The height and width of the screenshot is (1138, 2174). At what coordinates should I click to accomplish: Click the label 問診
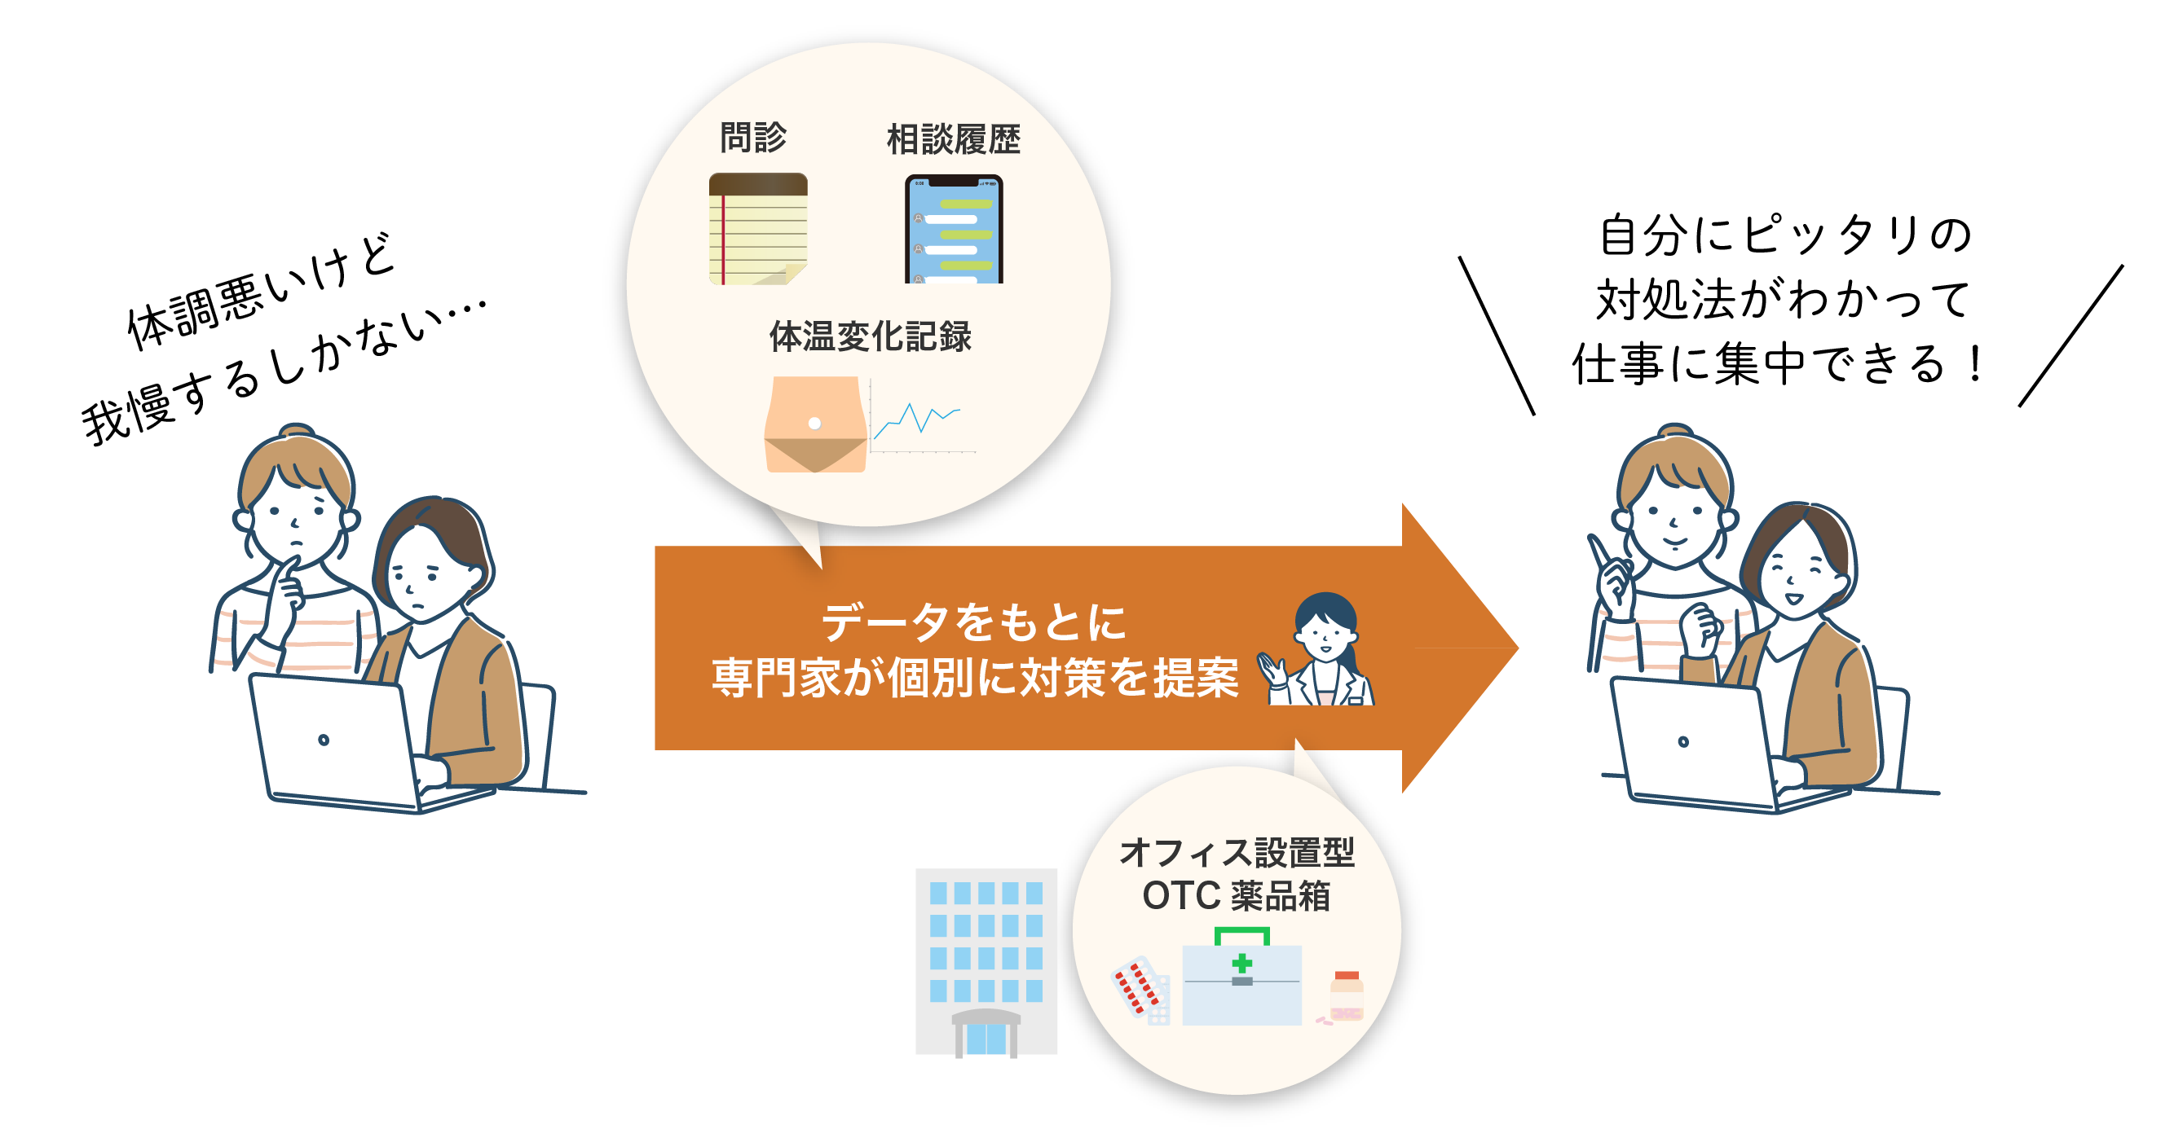753,137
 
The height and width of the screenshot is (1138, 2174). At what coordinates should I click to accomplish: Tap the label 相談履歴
953,139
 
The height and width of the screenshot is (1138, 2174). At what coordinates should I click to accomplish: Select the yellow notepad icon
758,229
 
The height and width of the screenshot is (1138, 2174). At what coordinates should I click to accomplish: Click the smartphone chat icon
954,229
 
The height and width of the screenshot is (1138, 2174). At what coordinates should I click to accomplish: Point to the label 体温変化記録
870,336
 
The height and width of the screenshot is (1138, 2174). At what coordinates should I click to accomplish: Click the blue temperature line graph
917,419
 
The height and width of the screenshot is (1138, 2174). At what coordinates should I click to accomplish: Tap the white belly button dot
814,424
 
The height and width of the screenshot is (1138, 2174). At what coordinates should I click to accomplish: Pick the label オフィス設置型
1237,852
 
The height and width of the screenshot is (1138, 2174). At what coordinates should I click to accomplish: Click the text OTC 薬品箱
1236,895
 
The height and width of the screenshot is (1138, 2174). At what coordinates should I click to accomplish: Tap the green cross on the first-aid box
1241,963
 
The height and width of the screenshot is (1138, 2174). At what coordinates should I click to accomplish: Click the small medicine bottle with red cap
1346,995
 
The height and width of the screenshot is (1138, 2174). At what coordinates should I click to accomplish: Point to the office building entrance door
986,1038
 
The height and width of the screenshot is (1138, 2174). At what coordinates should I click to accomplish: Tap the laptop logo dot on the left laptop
324,740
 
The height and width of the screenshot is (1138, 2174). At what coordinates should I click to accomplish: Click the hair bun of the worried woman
296,432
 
